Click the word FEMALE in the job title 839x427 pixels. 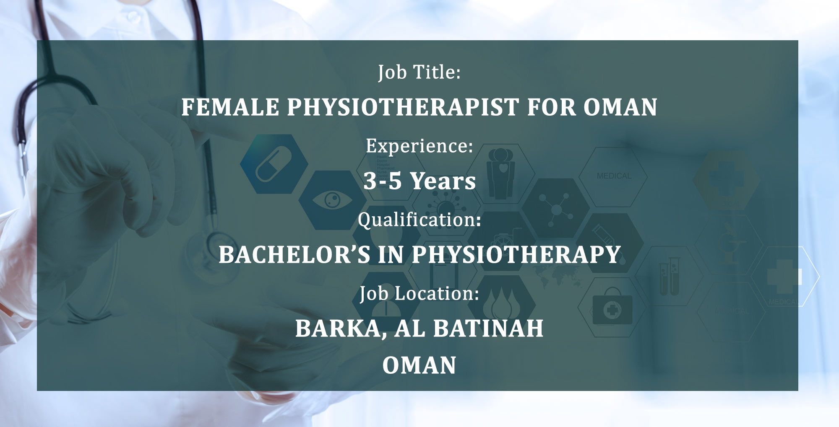(230, 107)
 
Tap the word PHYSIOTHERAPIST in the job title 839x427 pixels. (403, 107)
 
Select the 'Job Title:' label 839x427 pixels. (419, 72)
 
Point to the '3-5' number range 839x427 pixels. (383, 181)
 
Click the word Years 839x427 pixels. (443, 181)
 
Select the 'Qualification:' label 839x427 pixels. (419, 220)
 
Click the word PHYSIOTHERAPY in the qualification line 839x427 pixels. (516, 254)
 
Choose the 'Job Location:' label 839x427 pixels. (419, 293)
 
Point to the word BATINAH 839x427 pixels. (488, 328)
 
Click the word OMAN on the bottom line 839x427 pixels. (419, 365)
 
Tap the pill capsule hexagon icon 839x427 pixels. (274, 164)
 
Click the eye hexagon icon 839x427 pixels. (332, 200)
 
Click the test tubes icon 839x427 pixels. (670, 277)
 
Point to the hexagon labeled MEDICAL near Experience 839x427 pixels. (613, 176)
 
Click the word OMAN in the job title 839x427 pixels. (620, 107)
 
